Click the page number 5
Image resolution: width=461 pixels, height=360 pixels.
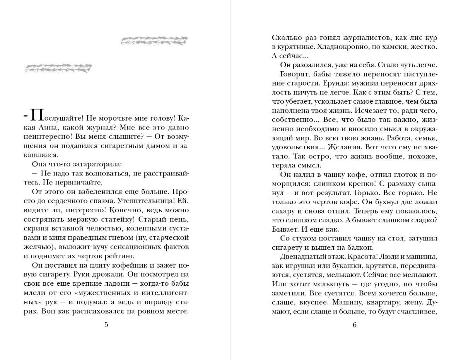point(106,324)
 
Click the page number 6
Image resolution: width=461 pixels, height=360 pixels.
point(354,324)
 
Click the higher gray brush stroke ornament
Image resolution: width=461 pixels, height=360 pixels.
point(154,40)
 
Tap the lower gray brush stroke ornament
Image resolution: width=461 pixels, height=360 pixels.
point(58,68)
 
